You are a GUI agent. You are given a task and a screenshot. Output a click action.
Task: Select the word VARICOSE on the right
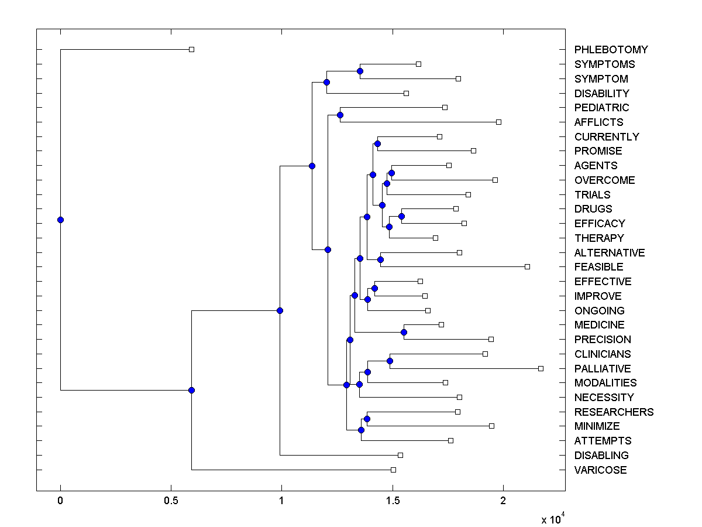(600, 470)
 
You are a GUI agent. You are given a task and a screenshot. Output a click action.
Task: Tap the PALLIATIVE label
(603, 369)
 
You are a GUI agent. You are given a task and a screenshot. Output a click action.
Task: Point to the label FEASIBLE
(598, 267)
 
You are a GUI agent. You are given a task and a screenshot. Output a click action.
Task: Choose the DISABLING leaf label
(601, 456)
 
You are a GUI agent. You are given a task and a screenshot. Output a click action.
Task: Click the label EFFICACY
(600, 224)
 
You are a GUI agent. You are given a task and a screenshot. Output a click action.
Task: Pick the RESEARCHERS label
(614, 412)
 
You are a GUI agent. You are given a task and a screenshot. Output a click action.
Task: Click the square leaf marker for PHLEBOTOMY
(191, 49)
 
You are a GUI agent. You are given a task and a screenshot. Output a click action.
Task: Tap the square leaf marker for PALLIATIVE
(541, 368)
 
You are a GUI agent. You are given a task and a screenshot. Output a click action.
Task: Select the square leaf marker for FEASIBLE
(527, 266)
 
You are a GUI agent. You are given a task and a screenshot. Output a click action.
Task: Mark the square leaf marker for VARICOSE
(393, 470)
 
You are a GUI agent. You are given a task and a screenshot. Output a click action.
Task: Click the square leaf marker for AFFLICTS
(498, 122)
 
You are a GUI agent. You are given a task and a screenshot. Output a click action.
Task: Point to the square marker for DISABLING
(400, 455)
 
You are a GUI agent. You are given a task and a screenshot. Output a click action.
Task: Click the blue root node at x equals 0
(60, 220)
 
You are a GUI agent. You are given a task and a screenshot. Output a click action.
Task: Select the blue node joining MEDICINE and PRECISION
(404, 332)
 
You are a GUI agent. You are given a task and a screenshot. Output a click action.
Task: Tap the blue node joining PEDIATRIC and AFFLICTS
(340, 115)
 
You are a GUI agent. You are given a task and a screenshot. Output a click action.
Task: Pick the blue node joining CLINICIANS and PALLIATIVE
(390, 361)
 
